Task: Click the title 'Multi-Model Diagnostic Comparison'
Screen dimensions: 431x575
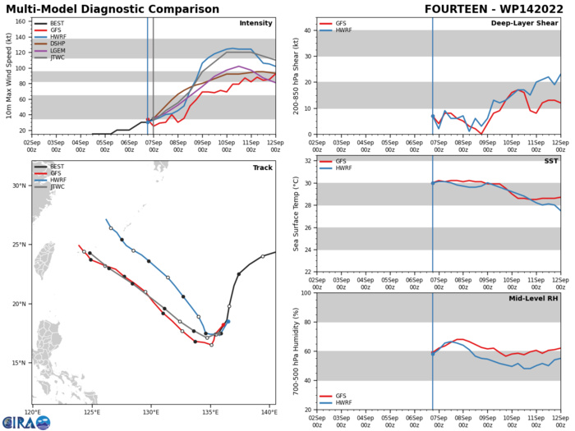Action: [x=97, y=8]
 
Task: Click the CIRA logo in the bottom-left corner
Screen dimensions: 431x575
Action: [x=25, y=421]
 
